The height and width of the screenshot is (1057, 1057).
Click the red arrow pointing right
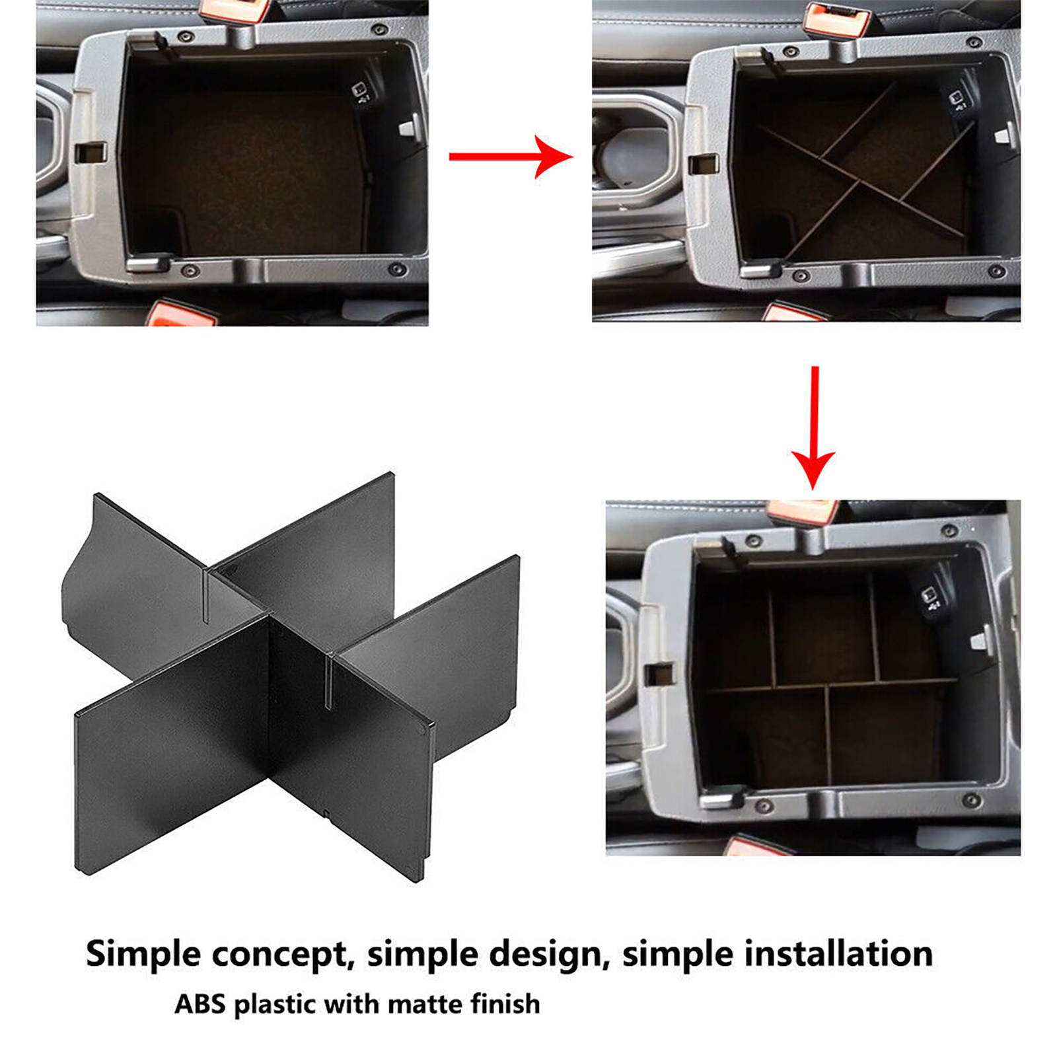point(510,157)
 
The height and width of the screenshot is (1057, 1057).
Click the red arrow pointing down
point(814,427)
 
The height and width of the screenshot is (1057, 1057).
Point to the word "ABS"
point(201,1004)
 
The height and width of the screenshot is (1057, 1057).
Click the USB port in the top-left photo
point(361,92)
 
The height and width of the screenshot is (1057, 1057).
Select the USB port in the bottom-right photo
point(930,597)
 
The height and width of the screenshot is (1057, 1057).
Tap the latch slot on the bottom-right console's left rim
point(659,673)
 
